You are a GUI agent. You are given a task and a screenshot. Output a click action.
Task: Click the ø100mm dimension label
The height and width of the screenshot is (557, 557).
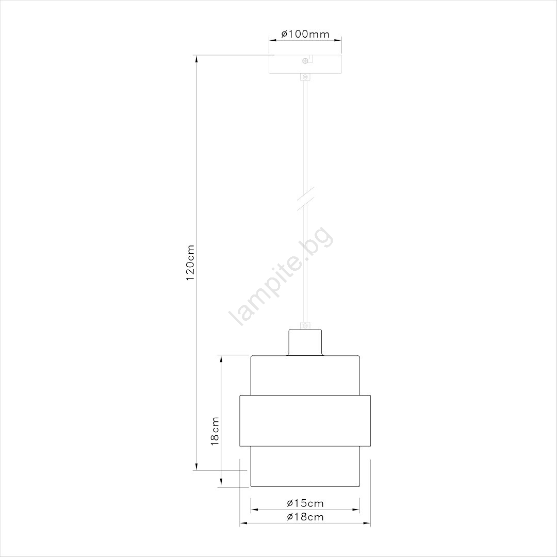pos(305,34)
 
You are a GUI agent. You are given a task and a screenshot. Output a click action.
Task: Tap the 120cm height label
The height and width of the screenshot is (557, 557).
pos(190,262)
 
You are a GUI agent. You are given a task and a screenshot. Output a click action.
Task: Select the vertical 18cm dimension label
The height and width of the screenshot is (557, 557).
pos(215,431)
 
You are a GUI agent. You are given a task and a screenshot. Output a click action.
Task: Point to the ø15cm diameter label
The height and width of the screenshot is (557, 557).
pos(305,503)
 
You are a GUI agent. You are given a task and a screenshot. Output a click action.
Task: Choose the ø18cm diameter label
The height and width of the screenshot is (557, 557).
pos(305,516)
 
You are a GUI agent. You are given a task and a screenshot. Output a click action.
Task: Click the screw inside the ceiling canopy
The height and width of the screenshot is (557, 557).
pos(305,61)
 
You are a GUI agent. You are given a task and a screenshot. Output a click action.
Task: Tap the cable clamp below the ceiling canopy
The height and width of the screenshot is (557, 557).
pos(305,77)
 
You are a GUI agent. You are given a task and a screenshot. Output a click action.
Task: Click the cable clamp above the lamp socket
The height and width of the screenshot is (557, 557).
pos(305,325)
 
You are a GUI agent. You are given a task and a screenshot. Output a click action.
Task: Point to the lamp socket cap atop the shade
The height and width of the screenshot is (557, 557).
pos(305,342)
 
